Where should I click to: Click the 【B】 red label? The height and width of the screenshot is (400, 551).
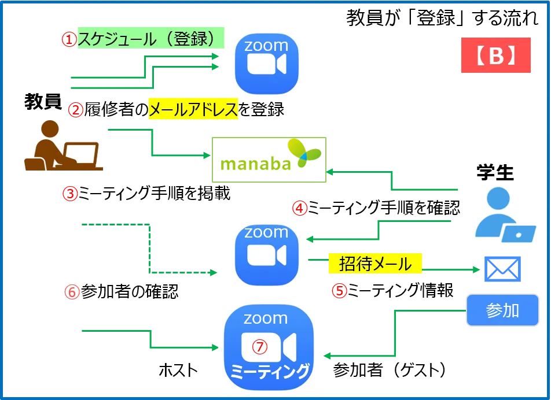click(x=495, y=55)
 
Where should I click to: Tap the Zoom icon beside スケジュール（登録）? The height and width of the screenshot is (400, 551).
click(x=266, y=65)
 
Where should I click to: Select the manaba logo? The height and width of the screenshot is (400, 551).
click(x=269, y=160)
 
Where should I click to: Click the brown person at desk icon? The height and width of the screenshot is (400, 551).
click(x=64, y=146)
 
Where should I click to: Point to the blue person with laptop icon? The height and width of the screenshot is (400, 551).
click(x=505, y=215)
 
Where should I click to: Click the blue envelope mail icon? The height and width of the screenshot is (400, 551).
click(x=502, y=268)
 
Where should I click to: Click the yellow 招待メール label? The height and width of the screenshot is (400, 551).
click(x=377, y=264)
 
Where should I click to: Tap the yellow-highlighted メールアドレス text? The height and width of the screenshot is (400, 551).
click(x=193, y=109)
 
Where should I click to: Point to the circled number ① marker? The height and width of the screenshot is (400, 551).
click(x=69, y=40)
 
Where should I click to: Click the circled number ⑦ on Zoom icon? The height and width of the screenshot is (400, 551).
click(x=260, y=346)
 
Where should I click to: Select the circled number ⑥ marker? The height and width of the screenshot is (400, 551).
click(x=72, y=292)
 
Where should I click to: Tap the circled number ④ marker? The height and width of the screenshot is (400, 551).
click(x=299, y=208)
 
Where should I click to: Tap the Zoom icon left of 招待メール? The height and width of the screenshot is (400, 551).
click(x=266, y=254)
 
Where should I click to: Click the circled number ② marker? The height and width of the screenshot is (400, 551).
click(x=75, y=110)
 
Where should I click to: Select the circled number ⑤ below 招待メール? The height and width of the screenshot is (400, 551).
click(x=339, y=291)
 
